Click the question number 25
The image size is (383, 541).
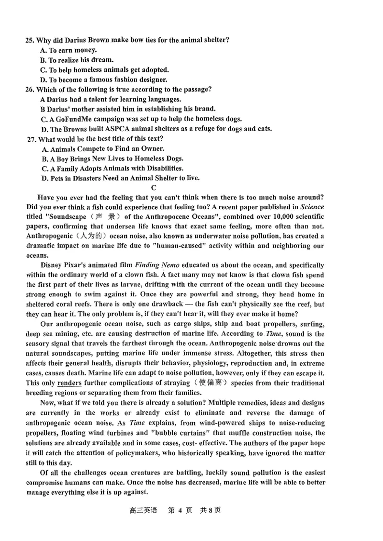click(x=30, y=40)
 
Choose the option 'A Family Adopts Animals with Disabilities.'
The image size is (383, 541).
click(x=112, y=169)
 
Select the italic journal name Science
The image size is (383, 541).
click(x=312, y=207)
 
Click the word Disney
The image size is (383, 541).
click(x=51, y=265)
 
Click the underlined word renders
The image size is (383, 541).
click(x=68, y=383)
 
